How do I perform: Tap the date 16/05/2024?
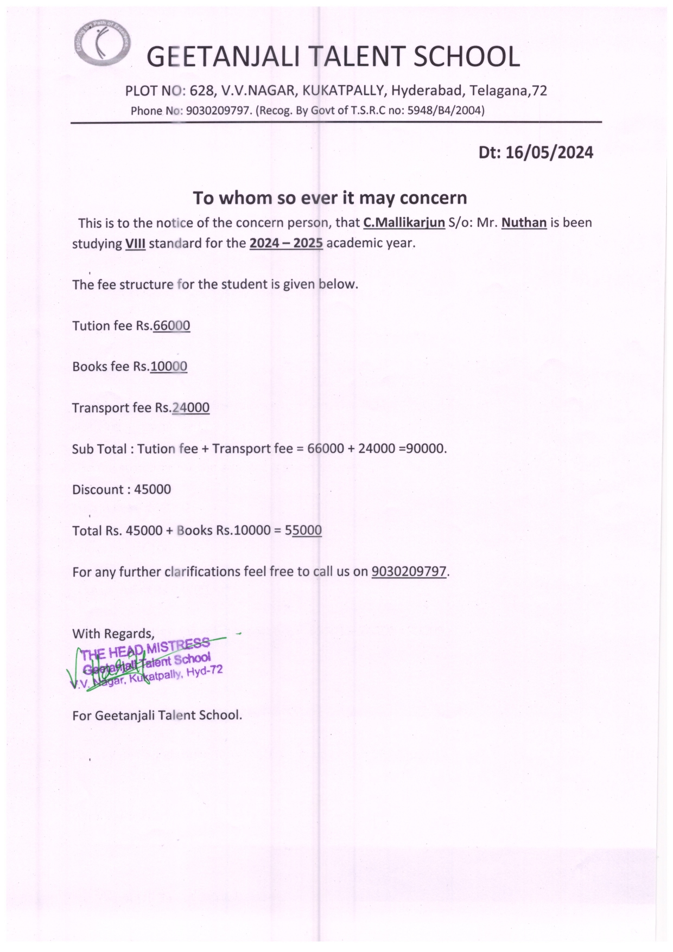click(549, 152)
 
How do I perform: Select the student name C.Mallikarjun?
click(404, 222)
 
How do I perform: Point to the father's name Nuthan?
click(524, 222)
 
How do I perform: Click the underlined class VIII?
click(135, 243)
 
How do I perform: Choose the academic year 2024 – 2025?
click(286, 243)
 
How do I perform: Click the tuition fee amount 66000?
click(172, 325)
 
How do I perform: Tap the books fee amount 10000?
click(168, 367)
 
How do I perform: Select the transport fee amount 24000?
click(191, 408)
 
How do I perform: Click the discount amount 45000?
click(153, 490)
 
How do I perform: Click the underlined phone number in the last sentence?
click(409, 572)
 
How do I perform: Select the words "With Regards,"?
click(113, 634)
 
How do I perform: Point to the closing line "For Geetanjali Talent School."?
click(157, 715)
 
